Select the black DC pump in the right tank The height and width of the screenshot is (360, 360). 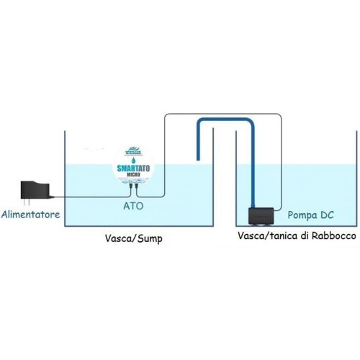(x=261, y=216)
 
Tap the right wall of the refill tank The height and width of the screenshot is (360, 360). (x=356, y=180)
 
